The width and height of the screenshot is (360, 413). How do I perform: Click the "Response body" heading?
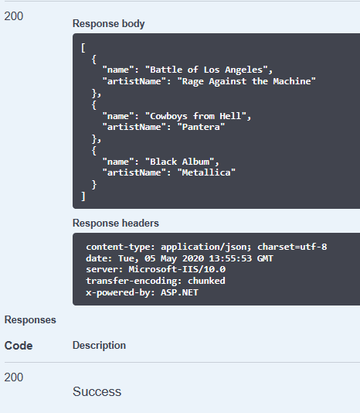[x=108, y=24]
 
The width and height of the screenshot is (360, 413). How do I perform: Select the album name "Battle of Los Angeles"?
[x=206, y=70]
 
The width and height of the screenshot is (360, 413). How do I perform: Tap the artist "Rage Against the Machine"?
[x=246, y=81]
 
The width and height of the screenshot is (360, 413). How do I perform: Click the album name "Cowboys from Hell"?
[x=195, y=116]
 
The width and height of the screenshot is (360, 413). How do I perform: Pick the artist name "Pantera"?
[x=201, y=127]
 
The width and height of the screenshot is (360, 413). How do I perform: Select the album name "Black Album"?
[x=180, y=162]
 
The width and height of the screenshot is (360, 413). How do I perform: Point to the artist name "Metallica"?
[x=206, y=172]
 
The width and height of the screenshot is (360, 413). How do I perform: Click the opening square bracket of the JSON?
[x=83, y=48]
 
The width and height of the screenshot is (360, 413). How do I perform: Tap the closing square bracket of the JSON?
[x=83, y=196]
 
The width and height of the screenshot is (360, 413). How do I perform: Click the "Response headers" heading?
[x=116, y=223]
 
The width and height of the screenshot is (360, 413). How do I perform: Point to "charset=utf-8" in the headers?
[x=292, y=247]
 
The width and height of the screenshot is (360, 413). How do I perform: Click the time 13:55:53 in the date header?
[x=230, y=258]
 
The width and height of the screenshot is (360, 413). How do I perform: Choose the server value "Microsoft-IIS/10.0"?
[x=177, y=269]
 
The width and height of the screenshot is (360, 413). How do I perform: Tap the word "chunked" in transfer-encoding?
[x=206, y=281]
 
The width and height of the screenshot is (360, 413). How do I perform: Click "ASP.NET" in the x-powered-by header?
[x=179, y=292]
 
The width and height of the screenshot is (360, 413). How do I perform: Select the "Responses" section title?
[x=30, y=320]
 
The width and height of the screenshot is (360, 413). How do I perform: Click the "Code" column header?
[x=19, y=346]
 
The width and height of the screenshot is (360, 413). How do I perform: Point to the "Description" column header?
[x=99, y=346]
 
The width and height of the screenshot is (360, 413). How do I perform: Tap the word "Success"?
[x=97, y=391]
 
